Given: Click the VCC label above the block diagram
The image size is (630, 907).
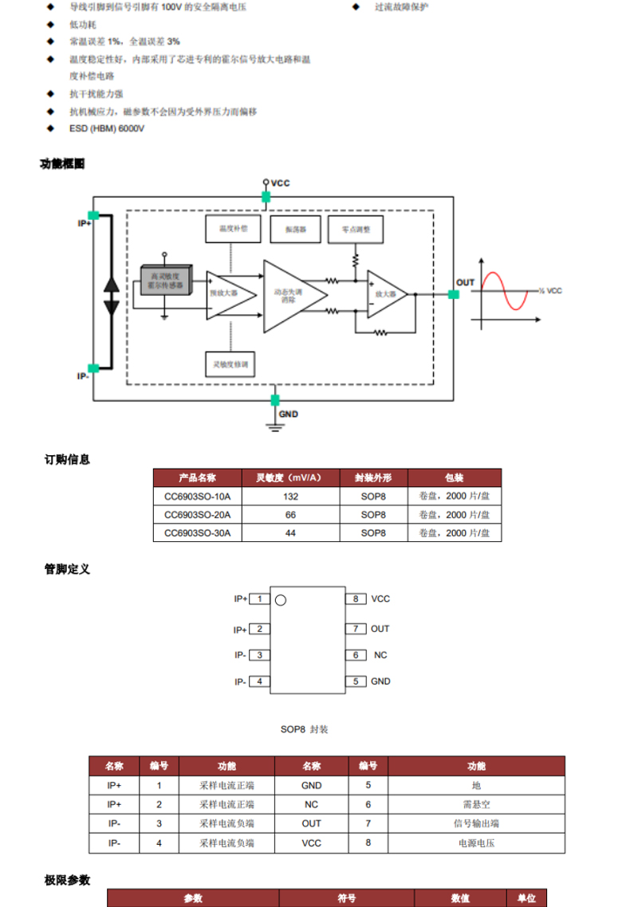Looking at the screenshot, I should coord(280,183).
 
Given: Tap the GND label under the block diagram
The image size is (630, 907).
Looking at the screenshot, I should coord(288,414).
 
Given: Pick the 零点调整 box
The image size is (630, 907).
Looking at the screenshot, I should coord(356,229).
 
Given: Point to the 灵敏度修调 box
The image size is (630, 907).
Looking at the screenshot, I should coord(231,363).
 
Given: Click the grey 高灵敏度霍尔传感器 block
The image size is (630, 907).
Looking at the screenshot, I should coord(166,281).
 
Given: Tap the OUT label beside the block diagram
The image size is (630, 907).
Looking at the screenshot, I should coord(465,282).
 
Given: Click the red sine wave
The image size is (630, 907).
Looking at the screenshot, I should coord(504,290).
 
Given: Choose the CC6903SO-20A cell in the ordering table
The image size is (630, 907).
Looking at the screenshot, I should coord(197,515).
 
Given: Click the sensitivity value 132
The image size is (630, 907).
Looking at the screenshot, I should coord(291,497).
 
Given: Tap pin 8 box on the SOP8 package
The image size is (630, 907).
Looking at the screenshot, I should coord(356,599).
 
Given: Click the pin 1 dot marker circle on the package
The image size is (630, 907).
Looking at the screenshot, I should coord(281,600).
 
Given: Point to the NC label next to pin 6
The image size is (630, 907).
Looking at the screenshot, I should coord(380,655).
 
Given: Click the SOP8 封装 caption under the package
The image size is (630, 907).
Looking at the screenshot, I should coord(304,729).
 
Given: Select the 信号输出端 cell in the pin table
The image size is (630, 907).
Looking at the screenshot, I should coord(476,823).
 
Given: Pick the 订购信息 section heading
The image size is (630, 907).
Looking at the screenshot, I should coord(67,459).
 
